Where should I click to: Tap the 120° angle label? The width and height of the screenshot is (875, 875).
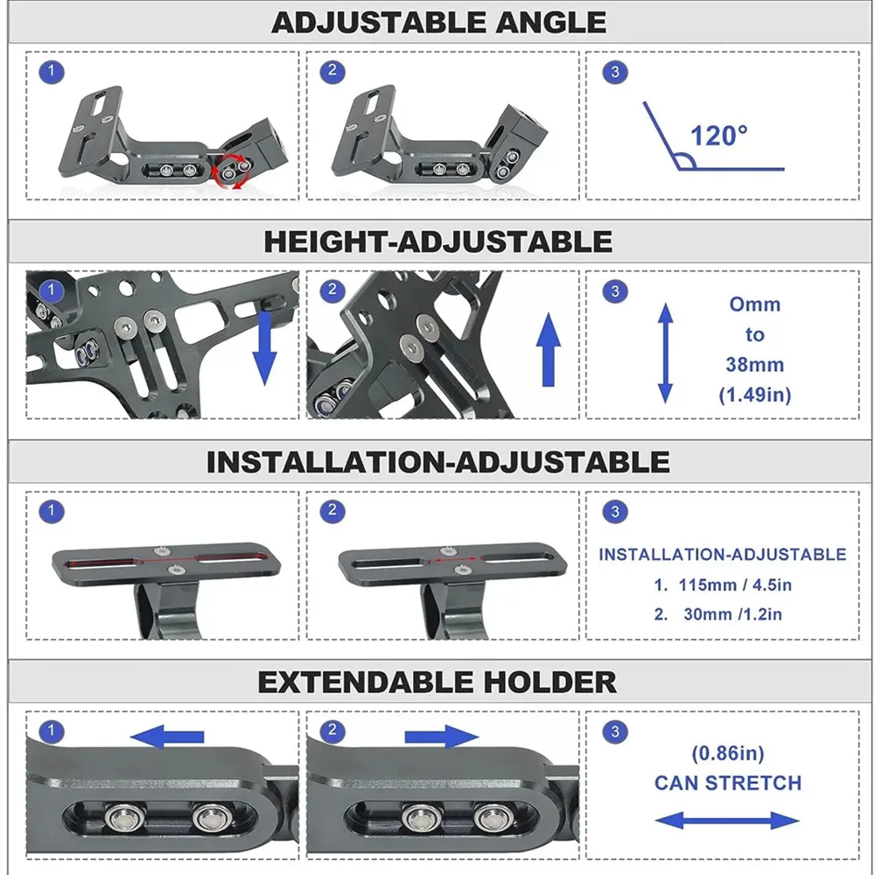(719, 136)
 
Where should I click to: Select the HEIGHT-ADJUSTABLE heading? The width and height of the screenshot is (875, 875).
(437, 241)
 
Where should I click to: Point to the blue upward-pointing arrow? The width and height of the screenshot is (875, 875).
(549, 350)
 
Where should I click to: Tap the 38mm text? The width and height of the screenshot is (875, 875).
(754, 365)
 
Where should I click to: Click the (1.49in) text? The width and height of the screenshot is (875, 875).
(754, 395)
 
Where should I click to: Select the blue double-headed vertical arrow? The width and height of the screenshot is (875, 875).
(665, 352)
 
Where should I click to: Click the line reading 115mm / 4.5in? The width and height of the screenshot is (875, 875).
(723, 584)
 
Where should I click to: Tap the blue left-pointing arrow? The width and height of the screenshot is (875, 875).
(167, 737)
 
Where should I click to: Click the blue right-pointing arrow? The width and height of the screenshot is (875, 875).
(442, 737)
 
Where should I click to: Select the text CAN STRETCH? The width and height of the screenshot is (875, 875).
(728, 782)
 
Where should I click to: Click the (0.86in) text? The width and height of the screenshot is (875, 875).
(728, 752)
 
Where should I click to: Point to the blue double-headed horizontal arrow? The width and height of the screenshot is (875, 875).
(727, 821)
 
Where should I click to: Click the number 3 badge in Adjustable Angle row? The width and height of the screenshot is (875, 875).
(615, 72)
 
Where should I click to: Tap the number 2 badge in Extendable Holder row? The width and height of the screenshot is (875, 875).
(332, 731)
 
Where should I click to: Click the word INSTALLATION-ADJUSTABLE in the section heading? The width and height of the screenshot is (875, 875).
(437, 462)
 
